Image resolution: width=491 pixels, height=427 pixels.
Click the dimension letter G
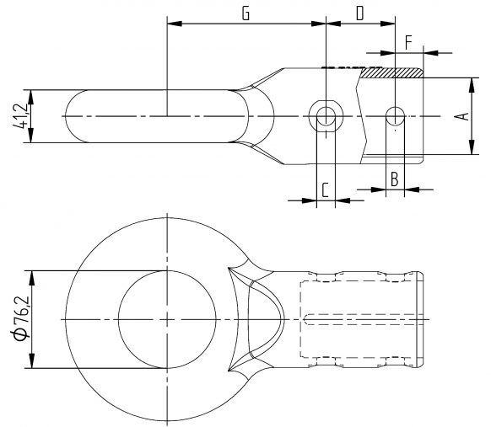coord(245,13)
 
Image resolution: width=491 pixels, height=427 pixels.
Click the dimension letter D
coord(360,13)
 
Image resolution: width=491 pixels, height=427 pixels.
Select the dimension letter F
coord(409,41)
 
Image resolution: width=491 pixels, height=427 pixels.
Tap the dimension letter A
coord(461,116)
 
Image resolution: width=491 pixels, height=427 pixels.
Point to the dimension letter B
coord(393,178)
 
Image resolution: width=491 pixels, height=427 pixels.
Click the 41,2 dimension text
coord(21,115)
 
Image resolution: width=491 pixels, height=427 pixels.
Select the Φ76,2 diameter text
coord(21,319)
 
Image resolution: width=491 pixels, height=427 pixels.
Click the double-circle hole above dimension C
coord(326,115)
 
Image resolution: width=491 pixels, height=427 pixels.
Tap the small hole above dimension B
coord(394,115)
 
